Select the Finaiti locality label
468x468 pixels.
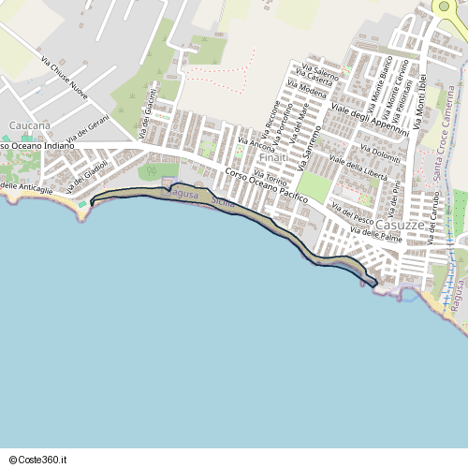(x=272, y=157)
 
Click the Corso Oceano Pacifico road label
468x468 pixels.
(x=268, y=192)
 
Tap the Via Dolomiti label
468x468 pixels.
(x=378, y=155)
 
